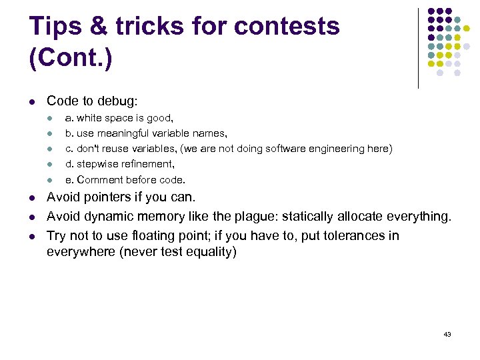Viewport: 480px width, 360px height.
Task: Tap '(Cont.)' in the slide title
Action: coord(71,57)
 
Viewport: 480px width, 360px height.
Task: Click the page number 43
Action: coord(447,333)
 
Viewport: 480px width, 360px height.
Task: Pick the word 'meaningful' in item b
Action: coord(125,133)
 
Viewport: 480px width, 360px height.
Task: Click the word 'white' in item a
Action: coord(90,118)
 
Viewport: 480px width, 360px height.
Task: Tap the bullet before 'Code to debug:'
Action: coord(32,102)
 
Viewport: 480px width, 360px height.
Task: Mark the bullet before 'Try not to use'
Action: coord(32,236)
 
